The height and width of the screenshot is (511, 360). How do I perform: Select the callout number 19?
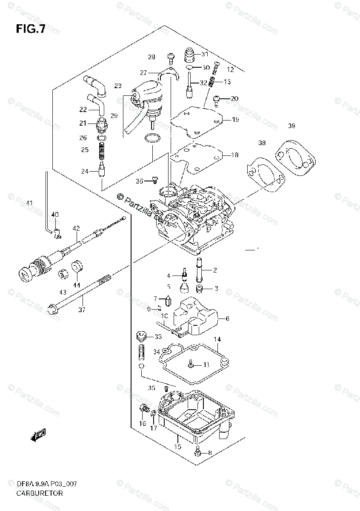(235, 120)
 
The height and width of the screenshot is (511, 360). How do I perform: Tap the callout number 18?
(234, 155)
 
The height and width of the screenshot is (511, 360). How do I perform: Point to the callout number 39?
(291, 126)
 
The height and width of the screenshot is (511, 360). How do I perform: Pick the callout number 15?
(178, 447)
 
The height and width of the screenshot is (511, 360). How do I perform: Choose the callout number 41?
(29, 203)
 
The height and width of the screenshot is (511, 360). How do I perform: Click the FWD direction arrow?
(38, 435)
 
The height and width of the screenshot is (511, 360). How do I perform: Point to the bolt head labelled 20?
(217, 100)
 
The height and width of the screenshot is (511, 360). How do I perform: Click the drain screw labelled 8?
(197, 451)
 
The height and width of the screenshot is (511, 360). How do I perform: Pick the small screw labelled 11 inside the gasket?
(191, 365)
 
